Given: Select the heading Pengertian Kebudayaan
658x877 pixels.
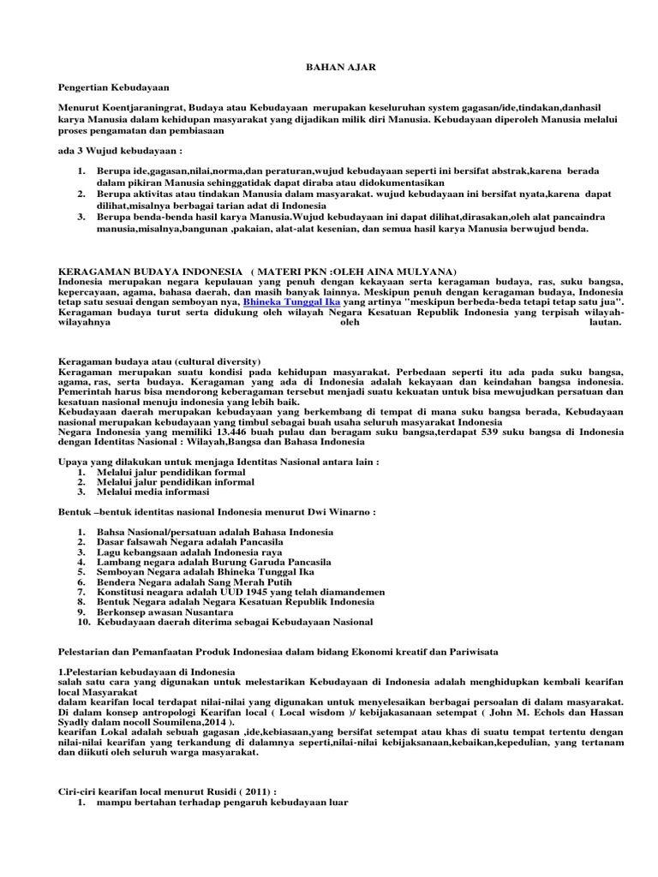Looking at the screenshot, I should pos(113,87).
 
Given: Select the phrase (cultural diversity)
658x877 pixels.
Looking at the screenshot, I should pos(217,361).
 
